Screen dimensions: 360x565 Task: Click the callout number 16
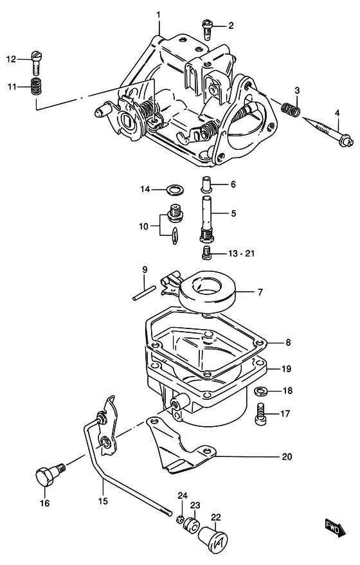(45, 503)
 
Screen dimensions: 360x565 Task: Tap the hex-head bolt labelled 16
(50, 474)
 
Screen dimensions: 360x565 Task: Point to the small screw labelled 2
(206, 30)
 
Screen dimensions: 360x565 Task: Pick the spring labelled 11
(35, 87)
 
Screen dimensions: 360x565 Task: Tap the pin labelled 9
(144, 292)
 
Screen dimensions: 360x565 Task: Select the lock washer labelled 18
(260, 390)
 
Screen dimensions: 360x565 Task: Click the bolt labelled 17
(260, 414)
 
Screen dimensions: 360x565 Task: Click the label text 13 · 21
(241, 253)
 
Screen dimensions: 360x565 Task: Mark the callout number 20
(287, 456)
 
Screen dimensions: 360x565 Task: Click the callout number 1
(158, 15)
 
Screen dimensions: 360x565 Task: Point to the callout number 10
(143, 226)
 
